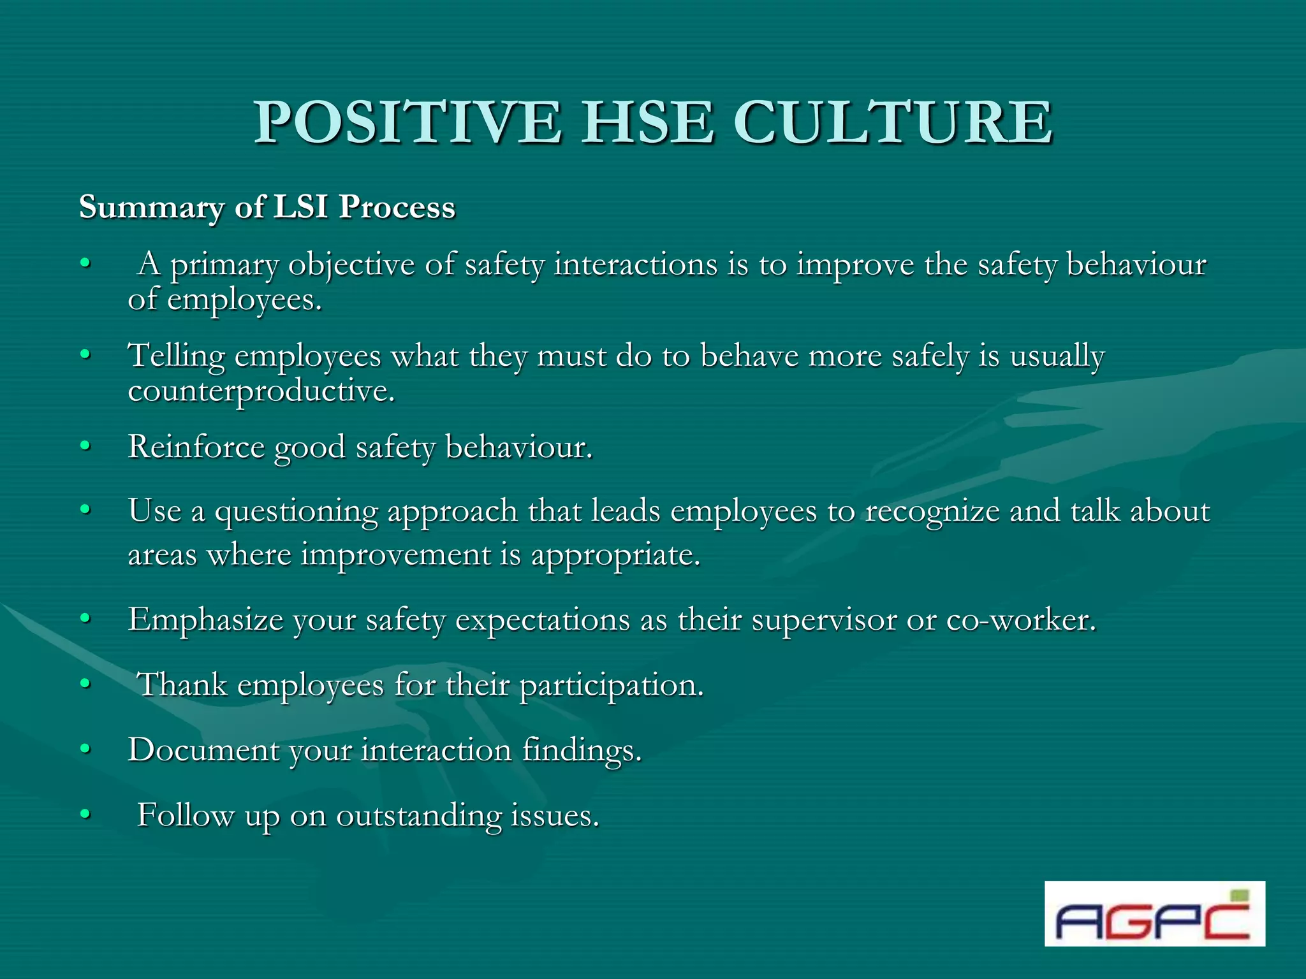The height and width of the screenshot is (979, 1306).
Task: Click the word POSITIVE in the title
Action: (x=408, y=122)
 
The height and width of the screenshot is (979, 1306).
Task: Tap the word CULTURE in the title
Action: (x=893, y=122)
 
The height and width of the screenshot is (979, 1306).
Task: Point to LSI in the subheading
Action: (x=300, y=207)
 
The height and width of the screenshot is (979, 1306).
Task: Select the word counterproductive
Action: (x=261, y=391)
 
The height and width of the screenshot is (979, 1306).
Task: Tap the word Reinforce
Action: (x=196, y=447)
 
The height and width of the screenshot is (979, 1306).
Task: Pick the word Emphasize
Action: (x=205, y=620)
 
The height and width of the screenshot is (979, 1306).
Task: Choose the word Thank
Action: (x=182, y=685)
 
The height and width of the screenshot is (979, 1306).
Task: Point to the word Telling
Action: (x=177, y=356)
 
